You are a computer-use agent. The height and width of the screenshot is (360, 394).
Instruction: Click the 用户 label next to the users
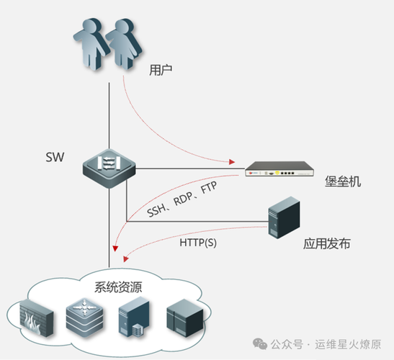click(x=161, y=70)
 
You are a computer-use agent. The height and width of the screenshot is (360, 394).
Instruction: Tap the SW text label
click(x=55, y=157)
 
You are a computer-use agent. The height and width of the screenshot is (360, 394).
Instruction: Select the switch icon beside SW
click(x=109, y=168)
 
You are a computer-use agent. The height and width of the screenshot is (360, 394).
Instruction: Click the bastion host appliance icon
click(x=279, y=168)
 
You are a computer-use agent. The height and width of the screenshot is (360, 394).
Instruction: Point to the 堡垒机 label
click(x=343, y=181)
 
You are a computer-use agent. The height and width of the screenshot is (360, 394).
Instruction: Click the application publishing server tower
click(x=284, y=217)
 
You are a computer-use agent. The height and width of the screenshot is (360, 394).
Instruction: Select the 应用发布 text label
click(x=327, y=243)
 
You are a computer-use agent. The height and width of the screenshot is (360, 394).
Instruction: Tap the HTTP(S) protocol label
click(x=198, y=243)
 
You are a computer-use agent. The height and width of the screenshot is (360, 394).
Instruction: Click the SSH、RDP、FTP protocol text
click(x=182, y=199)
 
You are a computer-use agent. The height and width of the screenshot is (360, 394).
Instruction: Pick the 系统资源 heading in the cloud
click(x=118, y=287)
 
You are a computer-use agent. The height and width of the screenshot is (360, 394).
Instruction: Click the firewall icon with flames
click(x=37, y=318)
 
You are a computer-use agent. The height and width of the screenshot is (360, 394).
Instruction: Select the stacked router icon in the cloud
click(x=85, y=318)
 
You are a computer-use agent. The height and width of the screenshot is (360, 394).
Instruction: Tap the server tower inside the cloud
click(x=134, y=317)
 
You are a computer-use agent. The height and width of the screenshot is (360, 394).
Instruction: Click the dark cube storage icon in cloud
click(x=185, y=318)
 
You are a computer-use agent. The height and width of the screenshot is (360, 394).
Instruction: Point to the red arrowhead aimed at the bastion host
click(x=232, y=162)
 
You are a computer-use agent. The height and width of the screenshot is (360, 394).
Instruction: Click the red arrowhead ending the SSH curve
click(x=115, y=248)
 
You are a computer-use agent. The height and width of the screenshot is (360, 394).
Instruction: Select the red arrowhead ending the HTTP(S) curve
click(x=125, y=259)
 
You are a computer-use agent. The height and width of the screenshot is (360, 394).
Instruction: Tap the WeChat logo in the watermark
click(x=260, y=343)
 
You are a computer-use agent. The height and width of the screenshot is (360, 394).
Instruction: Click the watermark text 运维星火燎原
click(x=349, y=344)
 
